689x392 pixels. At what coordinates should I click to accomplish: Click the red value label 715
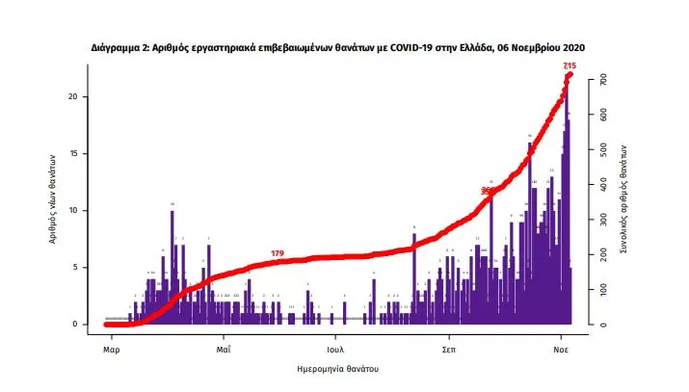pos(570,65)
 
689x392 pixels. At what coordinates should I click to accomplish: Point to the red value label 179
pos(278,253)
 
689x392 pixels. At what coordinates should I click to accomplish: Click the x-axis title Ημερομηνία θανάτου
pos(336,369)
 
